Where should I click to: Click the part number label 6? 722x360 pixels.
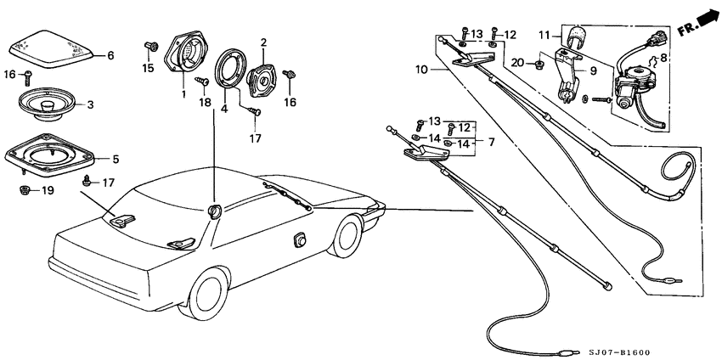pyautogui.click(x=110, y=56)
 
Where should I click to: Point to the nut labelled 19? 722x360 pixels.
pyautogui.click(x=25, y=189)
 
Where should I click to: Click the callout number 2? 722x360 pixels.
pyautogui.click(x=263, y=42)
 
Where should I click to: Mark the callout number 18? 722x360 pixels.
pyautogui.click(x=204, y=102)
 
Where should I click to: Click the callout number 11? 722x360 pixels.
pyautogui.click(x=544, y=34)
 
